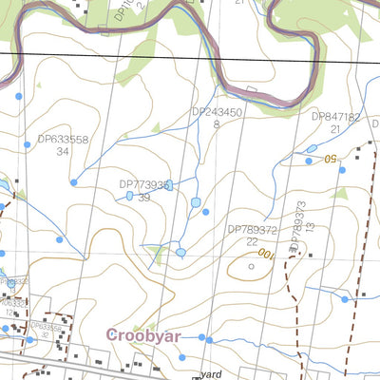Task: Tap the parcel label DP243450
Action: coord(218,112)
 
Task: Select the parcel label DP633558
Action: coord(64,139)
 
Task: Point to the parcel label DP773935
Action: coord(144,185)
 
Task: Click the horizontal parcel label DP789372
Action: coord(252,230)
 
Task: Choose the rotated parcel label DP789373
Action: coord(298,227)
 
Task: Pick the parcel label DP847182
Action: coord(336,117)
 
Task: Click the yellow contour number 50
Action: coord(331,159)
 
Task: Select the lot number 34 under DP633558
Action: coord(63,151)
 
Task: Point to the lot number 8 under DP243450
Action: coord(217,124)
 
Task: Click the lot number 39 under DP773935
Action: coord(144,198)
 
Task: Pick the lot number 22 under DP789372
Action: coord(252,242)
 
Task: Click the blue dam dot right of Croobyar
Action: coord(202,337)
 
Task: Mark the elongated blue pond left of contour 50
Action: coord(312,149)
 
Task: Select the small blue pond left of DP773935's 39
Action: coord(129,197)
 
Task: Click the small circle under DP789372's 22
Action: coord(251,267)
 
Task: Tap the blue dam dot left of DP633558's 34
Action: coord(18,95)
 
